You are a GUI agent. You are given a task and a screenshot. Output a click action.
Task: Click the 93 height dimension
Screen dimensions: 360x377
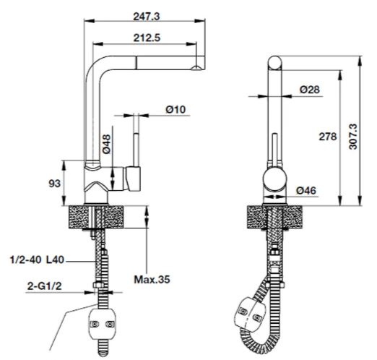point(53,184)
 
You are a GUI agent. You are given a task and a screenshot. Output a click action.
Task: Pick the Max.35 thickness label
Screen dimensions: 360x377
point(152,278)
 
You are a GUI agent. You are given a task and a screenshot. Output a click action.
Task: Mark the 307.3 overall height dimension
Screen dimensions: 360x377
point(353,134)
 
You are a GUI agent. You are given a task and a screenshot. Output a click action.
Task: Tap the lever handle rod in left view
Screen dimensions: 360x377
point(133,148)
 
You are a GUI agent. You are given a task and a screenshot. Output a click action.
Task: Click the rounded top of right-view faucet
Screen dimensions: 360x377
point(275,62)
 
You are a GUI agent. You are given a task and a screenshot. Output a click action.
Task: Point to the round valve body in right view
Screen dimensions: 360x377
point(275,179)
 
